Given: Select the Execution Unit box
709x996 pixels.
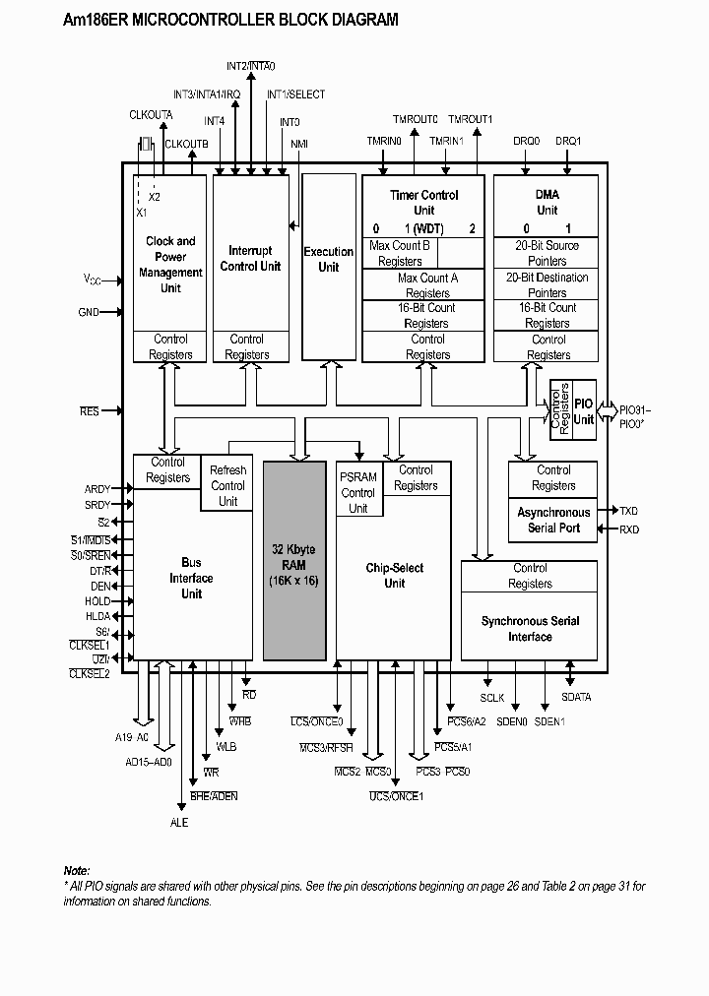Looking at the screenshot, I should tap(328, 260).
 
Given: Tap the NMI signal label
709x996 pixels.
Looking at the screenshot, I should tap(299, 144).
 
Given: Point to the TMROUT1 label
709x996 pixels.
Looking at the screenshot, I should tap(470, 119).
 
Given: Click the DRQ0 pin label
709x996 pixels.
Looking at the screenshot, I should tap(526, 141).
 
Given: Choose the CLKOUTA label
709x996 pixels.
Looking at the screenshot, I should tap(151, 115).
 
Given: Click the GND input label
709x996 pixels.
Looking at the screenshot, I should tap(89, 312).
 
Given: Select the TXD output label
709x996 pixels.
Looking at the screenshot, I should tap(628, 511).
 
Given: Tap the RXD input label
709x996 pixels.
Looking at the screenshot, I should tap(628, 529).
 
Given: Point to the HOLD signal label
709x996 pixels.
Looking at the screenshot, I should tap(97, 600).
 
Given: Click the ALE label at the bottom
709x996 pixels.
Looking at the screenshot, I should tap(178, 822).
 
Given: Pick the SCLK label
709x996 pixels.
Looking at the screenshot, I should tap(492, 698).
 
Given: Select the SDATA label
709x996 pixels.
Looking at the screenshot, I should tap(576, 698).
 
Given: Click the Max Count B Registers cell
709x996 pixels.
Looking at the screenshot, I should tap(400, 253).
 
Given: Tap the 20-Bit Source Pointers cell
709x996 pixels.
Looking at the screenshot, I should tap(547, 253).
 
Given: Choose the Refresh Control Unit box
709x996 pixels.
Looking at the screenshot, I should tap(227, 485).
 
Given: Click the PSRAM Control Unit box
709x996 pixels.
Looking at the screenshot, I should tap(357, 492).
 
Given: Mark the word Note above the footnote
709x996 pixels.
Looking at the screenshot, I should tap(77, 871).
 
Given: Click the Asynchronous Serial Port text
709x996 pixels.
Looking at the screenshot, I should tap(553, 520).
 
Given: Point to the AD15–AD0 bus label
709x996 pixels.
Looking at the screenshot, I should tap(148, 762).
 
